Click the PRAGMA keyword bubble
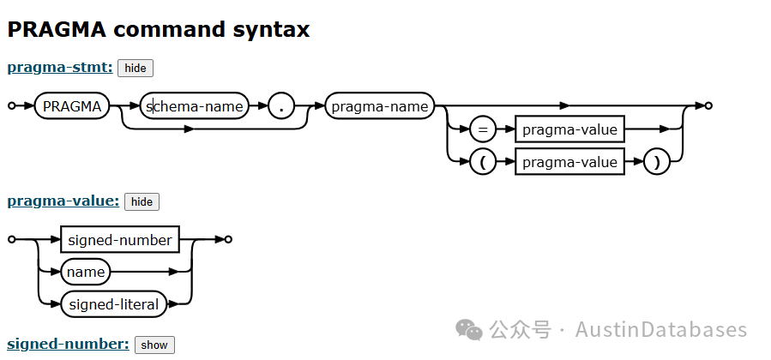(72, 106)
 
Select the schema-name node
(195, 106)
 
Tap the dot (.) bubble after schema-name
(281, 106)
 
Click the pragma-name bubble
(379, 106)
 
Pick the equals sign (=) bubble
(483, 130)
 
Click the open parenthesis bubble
(483, 162)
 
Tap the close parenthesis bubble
(656, 162)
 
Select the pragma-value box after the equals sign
(569, 130)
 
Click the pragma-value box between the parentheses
(569, 162)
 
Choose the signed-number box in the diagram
(120, 240)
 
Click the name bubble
(86, 272)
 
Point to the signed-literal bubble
(113, 303)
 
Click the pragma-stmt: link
(60, 67)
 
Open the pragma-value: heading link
(63, 201)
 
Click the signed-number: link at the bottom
(68, 344)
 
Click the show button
(154, 345)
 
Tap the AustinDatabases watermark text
(660, 330)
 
